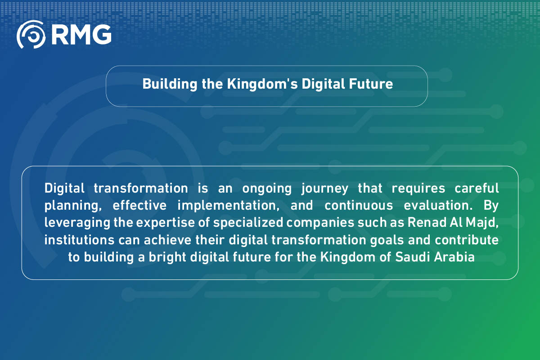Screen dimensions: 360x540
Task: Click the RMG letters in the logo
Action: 81,34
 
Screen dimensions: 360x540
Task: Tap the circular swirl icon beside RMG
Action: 31,34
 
